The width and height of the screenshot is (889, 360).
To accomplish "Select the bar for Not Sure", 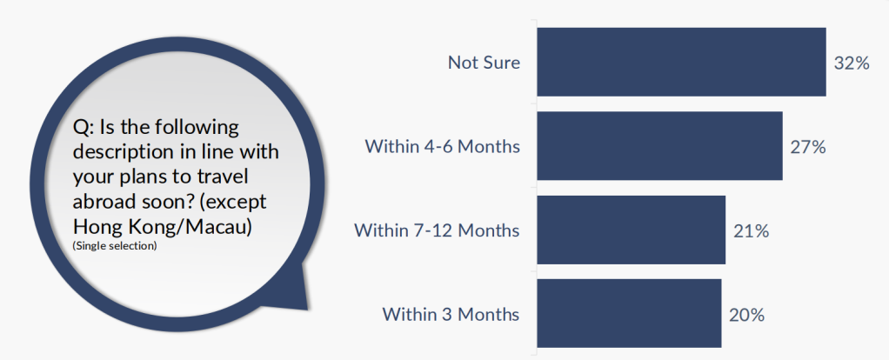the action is [681, 62].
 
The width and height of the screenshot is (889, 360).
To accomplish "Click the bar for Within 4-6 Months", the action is [660, 146].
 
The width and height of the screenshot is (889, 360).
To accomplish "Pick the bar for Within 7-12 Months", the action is [632, 230].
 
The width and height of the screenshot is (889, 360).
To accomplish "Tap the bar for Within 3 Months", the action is [629, 313].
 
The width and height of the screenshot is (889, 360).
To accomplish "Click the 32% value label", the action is [852, 63].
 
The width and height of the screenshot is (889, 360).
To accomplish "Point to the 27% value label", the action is [808, 148].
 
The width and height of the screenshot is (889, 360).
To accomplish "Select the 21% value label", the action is [751, 231].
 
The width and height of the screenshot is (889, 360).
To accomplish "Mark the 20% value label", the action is [746, 315].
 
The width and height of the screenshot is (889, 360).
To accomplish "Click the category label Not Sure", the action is [484, 63].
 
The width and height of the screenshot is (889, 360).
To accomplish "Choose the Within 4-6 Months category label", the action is [442, 146].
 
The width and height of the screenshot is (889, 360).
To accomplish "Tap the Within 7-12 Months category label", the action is [437, 230].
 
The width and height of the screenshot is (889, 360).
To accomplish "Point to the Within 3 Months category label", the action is [451, 314].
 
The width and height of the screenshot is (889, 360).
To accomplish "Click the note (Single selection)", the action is [115, 247].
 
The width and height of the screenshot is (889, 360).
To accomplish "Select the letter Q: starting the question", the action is [84, 128].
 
